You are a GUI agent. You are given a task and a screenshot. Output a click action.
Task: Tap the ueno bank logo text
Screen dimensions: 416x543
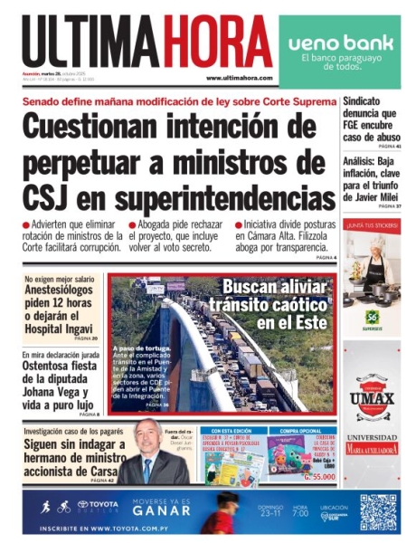click(x=340, y=43)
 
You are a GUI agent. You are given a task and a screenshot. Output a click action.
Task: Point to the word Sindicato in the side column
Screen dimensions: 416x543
click(x=363, y=102)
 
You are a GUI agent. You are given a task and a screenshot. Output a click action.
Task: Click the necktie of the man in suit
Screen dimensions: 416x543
click(x=147, y=470)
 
